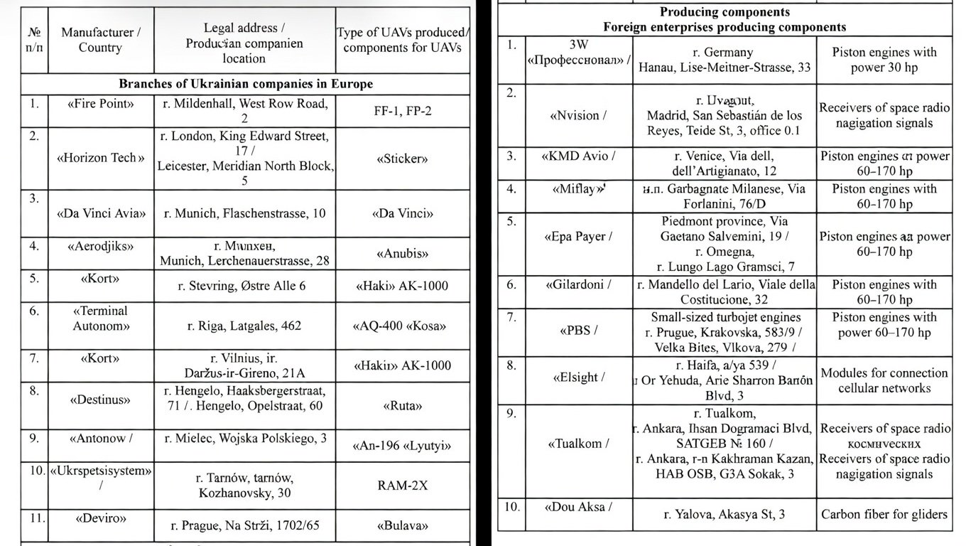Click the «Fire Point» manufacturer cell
pyautogui.click(x=100, y=104)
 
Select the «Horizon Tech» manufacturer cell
pyautogui.click(x=100, y=158)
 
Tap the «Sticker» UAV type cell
pyautogui.click(x=402, y=159)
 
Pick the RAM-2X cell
pyautogui.click(x=402, y=486)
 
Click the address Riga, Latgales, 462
pyautogui.click(x=244, y=326)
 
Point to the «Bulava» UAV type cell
pyautogui.click(x=402, y=527)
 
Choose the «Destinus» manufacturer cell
pyautogui.click(x=100, y=400)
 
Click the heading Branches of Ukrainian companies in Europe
pyautogui.click(x=245, y=84)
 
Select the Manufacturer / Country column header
pyautogui.click(x=100, y=40)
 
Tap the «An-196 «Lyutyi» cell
pyautogui.click(x=402, y=446)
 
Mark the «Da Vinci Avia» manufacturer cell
pyautogui.click(x=100, y=213)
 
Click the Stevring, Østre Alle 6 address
pyautogui.click(x=244, y=287)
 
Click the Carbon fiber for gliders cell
pyautogui.click(x=884, y=514)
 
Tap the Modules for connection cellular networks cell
pyautogui.click(x=884, y=380)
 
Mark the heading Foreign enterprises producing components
pyautogui.click(x=724, y=27)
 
